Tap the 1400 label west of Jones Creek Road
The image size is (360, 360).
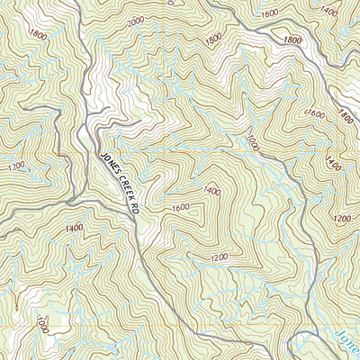click(74, 229)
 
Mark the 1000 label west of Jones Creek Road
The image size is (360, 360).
click(41, 322)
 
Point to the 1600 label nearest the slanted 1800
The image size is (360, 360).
click(315, 113)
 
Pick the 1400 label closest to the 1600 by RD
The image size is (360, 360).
click(212, 191)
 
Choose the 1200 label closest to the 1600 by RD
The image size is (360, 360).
click(216, 258)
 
